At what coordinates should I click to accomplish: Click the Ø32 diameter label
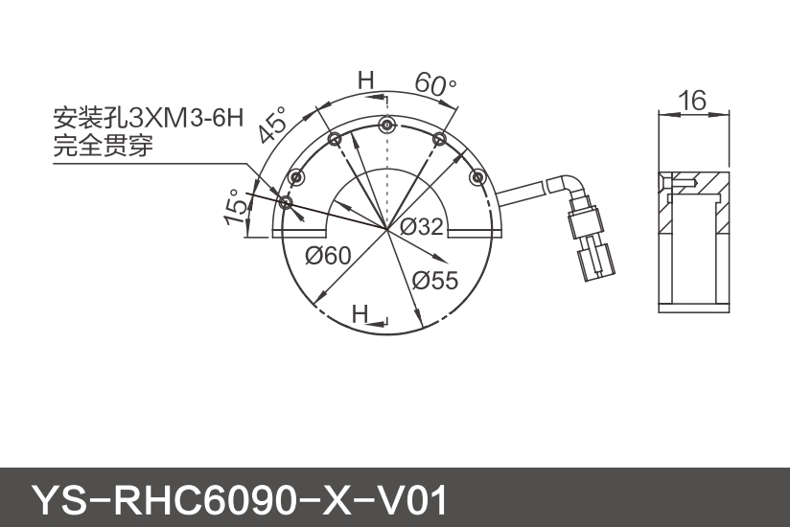click(x=422, y=228)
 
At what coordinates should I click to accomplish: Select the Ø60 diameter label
click(x=327, y=255)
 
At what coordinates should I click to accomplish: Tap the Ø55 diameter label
click(x=436, y=281)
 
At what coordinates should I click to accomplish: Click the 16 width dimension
click(x=691, y=100)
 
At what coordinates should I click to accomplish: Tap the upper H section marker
click(x=365, y=80)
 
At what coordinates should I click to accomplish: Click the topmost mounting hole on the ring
click(x=386, y=125)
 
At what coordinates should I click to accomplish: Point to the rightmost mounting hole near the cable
click(x=477, y=176)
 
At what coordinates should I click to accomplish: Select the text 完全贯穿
click(x=103, y=147)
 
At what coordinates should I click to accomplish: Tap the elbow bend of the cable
click(x=570, y=183)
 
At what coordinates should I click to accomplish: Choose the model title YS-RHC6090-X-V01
click(x=240, y=499)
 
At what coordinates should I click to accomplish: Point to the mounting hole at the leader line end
click(x=285, y=202)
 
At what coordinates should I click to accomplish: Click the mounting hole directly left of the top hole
click(x=335, y=140)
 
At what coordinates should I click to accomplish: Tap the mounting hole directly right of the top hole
click(x=439, y=140)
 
